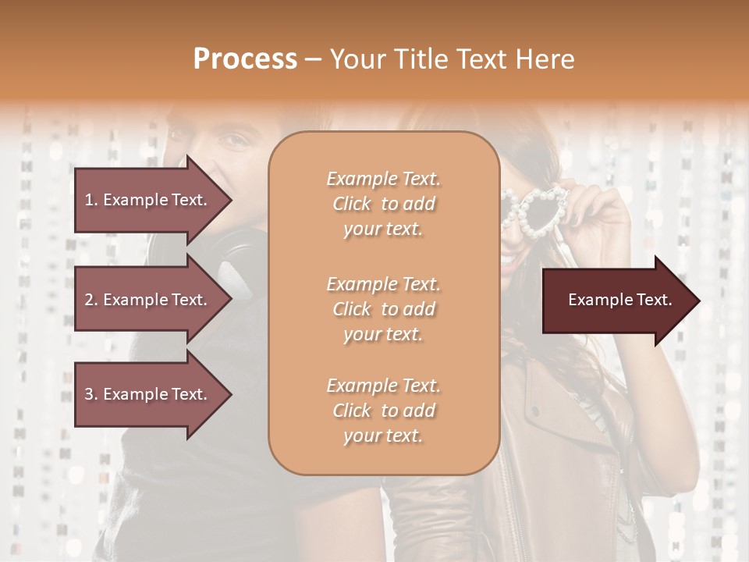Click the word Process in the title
[245, 59]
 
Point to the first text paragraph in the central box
[383, 204]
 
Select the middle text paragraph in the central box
[383, 309]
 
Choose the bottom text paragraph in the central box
[383, 411]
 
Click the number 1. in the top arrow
[91, 200]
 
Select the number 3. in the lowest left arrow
[91, 395]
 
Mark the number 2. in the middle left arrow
[91, 300]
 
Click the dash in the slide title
[314, 59]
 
